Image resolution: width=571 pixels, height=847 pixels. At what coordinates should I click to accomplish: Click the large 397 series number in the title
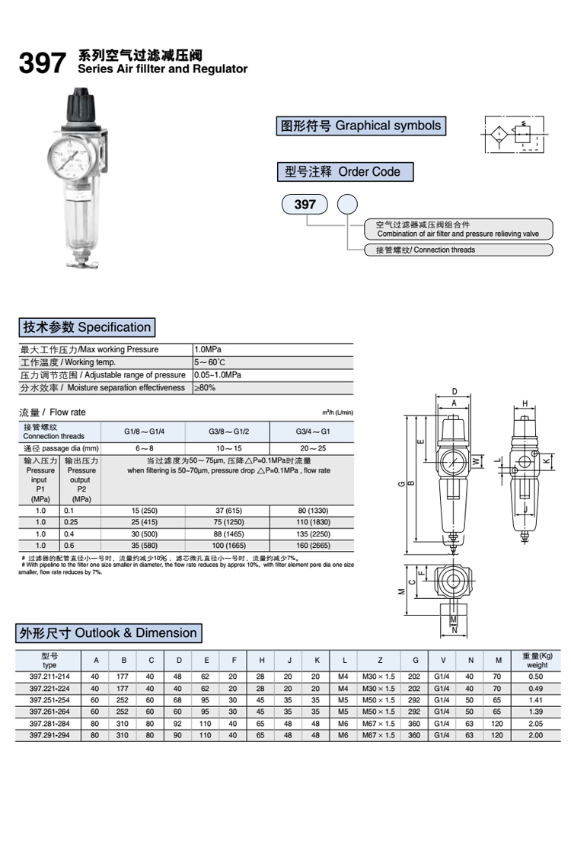(x=43, y=64)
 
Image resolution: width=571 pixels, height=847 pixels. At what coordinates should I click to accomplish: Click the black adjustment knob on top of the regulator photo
(x=81, y=108)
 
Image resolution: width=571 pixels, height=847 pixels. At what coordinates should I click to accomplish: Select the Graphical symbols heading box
(x=359, y=126)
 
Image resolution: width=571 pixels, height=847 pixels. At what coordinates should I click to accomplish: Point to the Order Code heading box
(x=344, y=171)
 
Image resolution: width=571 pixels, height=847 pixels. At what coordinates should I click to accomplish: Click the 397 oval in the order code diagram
(x=305, y=204)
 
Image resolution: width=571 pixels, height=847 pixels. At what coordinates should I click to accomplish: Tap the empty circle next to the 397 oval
(x=347, y=204)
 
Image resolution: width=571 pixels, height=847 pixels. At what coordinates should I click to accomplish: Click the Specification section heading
(x=86, y=327)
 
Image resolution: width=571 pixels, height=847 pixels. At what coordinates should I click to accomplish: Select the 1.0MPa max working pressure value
(x=208, y=349)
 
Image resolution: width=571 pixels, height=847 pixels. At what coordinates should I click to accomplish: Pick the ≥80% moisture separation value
(x=205, y=388)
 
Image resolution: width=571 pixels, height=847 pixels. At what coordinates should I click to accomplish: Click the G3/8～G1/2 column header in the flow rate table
(x=229, y=431)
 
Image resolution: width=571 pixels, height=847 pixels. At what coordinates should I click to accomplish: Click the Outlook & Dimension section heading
(x=108, y=633)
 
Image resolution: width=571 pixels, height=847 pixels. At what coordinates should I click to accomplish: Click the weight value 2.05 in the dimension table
(x=536, y=724)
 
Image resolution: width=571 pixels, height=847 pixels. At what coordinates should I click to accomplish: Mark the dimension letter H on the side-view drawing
(x=525, y=403)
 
